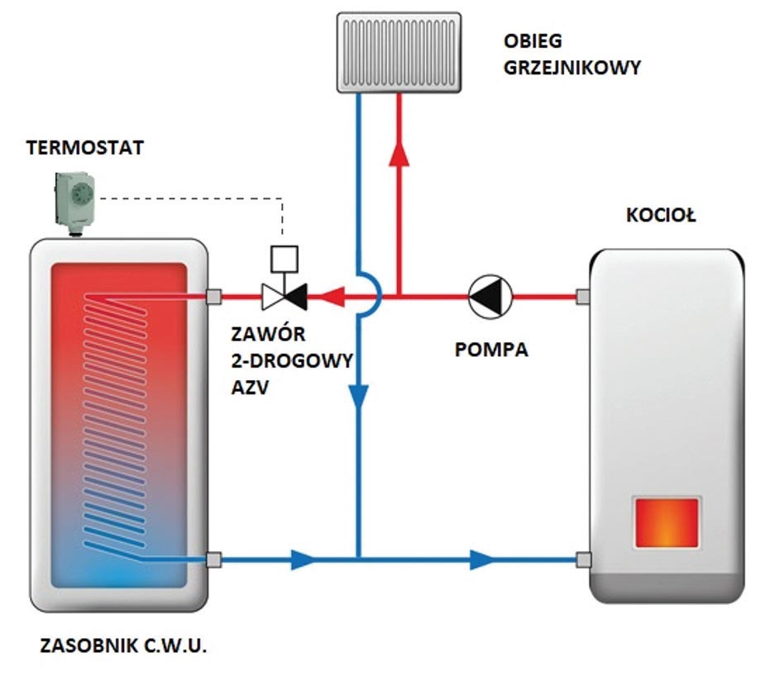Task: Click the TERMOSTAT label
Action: coord(85,148)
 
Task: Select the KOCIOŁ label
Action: coord(661,217)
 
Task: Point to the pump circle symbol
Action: coord(490,294)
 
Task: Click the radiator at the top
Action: coord(399,52)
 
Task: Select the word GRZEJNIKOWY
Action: coord(572,69)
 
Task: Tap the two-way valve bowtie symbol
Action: coord(283,294)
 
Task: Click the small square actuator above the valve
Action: coord(283,257)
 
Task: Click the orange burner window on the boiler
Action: coord(667,521)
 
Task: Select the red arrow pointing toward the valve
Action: coord(333,294)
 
